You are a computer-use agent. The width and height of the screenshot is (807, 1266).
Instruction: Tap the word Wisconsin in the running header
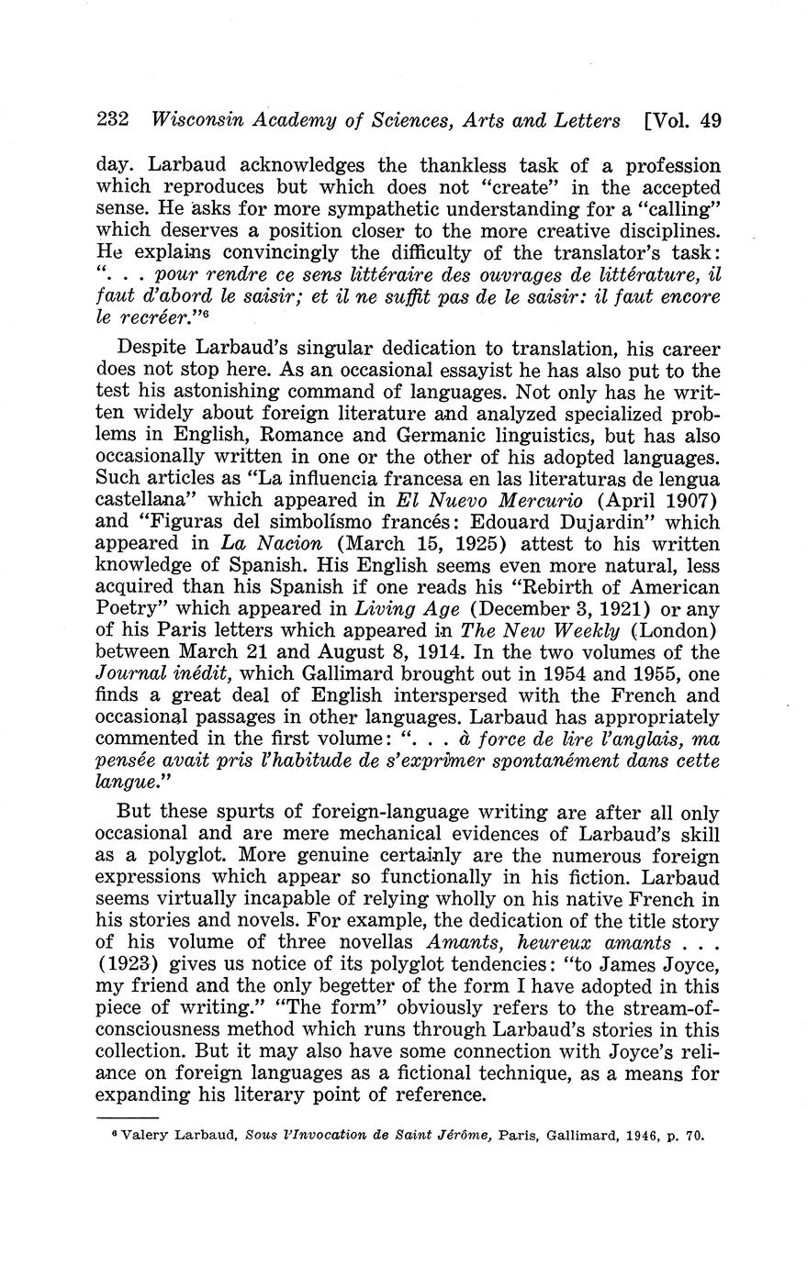click(x=196, y=120)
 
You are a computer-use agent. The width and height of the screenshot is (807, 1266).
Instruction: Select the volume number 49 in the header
click(x=709, y=120)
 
